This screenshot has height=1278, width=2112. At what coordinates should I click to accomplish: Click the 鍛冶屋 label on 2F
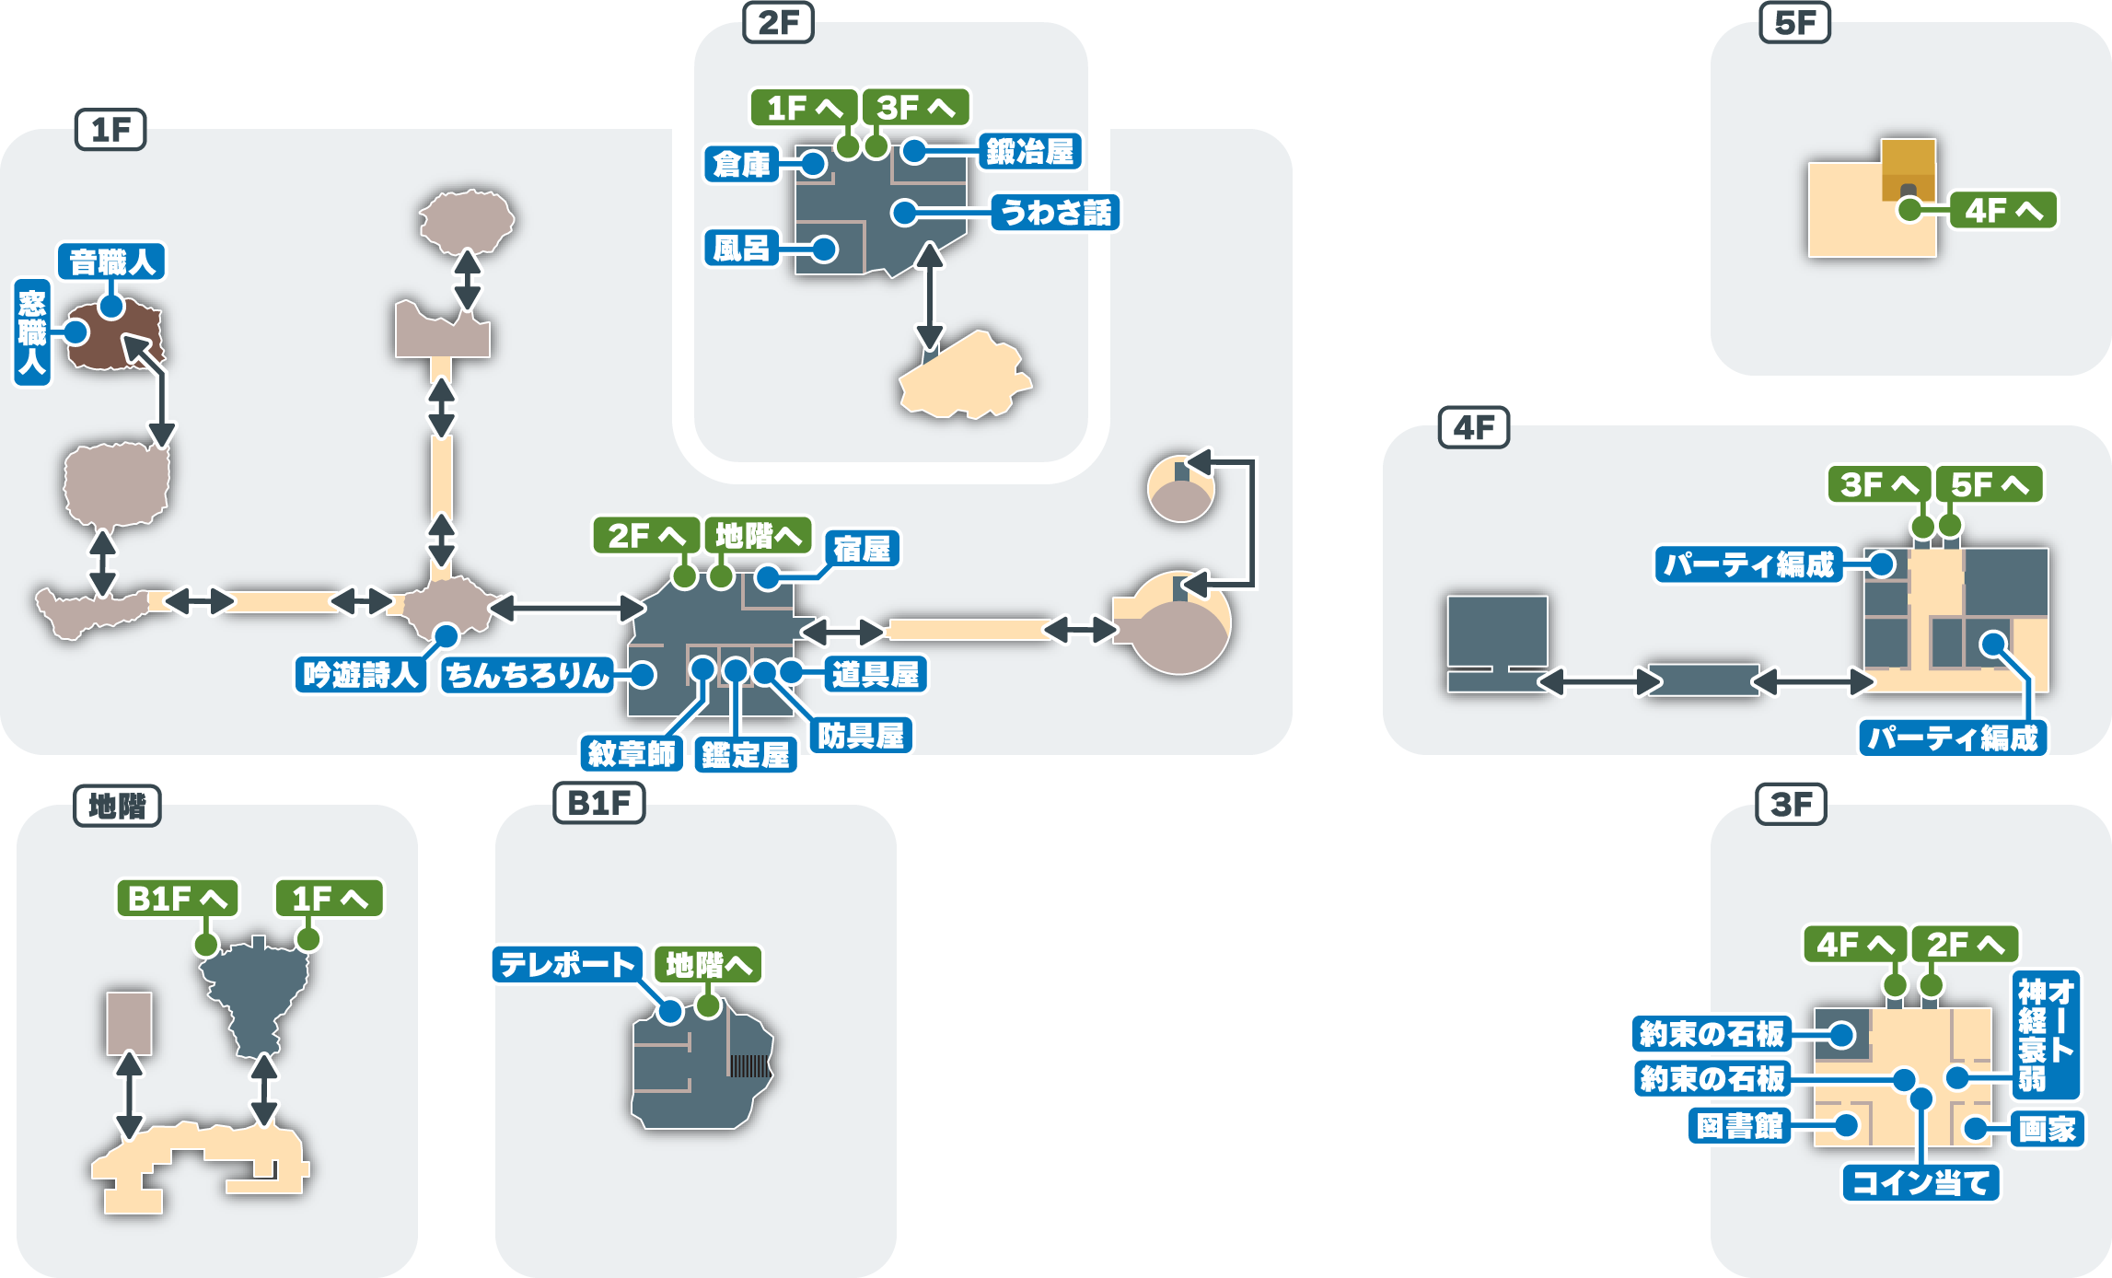[x=1030, y=152]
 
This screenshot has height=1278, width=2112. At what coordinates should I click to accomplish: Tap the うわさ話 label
[x=1055, y=213]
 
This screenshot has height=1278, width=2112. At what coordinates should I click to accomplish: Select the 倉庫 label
[x=741, y=165]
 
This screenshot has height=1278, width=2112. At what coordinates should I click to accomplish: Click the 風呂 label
[x=741, y=249]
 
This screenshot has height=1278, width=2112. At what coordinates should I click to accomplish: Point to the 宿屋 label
[x=862, y=550]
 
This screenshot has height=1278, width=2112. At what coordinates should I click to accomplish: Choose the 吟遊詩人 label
[x=360, y=675]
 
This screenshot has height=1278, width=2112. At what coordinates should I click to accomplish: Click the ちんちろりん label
[x=528, y=675]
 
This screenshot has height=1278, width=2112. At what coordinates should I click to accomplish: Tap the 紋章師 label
[x=632, y=754]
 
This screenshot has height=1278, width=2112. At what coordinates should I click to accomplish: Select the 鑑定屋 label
[x=746, y=755]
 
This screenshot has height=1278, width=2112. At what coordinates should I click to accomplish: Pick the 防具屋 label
[x=862, y=736]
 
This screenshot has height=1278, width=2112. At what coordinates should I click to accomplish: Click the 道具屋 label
[x=876, y=675]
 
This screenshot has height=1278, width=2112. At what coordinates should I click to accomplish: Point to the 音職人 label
[x=111, y=262]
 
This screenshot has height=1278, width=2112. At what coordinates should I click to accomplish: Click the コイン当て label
[x=1921, y=1183]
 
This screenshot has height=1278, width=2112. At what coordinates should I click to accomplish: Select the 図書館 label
[x=1740, y=1126]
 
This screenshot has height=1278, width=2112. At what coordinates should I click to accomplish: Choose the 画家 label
[x=2047, y=1129]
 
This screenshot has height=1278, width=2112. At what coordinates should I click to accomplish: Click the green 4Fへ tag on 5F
[x=2003, y=211]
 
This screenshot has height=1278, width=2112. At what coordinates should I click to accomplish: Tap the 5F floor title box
[x=1794, y=23]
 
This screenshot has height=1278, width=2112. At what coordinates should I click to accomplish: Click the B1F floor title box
[x=599, y=804]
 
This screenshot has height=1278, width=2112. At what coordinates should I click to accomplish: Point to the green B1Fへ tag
[x=177, y=899]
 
